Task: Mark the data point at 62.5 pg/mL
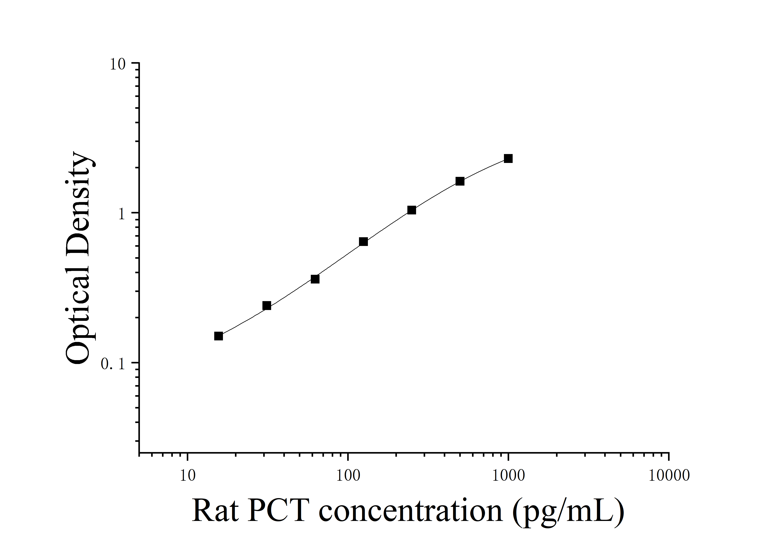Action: point(315,279)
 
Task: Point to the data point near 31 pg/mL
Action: point(267,306)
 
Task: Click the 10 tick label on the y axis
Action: point(117,64)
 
